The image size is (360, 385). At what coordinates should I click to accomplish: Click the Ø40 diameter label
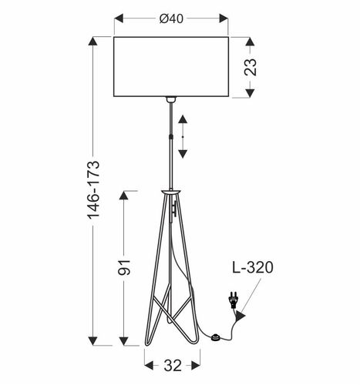coord(172,18)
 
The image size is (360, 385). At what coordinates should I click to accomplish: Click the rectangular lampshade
coord(171,66)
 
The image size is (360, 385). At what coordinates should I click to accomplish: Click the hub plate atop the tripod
coord(170,189)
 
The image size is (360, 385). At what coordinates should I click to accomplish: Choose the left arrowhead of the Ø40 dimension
coord(117,18)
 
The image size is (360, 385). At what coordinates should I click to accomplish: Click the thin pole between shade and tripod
coord(170,146)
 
